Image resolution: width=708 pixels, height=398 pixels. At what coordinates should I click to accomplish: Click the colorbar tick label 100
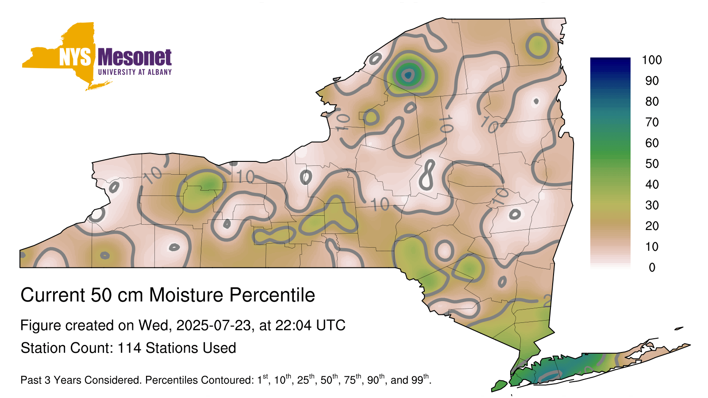pyautogui.click(x=652, y=60)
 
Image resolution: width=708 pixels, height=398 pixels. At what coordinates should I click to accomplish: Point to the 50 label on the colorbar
pyautogui.click(x=652, y=164)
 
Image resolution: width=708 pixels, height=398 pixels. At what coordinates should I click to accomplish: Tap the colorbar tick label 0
pyautogui.click(x=652, y=268)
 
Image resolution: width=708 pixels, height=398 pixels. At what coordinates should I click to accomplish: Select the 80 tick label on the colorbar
pyautogui.click(x=652, y=101)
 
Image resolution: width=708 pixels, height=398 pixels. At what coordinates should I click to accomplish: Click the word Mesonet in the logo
pyautogui.click(x=135, y=57)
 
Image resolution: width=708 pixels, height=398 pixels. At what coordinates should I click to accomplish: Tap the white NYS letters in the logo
pyautogui.click(x=75, y=57)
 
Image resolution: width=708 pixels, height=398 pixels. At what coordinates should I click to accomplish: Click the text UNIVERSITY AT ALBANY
pyautogui.click(x=135, y=72)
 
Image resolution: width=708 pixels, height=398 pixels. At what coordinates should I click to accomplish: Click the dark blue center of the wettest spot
pyautogui.click(x=408, y=75)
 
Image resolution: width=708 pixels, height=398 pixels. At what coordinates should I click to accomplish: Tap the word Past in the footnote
pyautogui.click(x=31, y=380)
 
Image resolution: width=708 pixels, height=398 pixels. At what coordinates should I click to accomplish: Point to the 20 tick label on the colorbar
pyautogui.click(x=652, y=226)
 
